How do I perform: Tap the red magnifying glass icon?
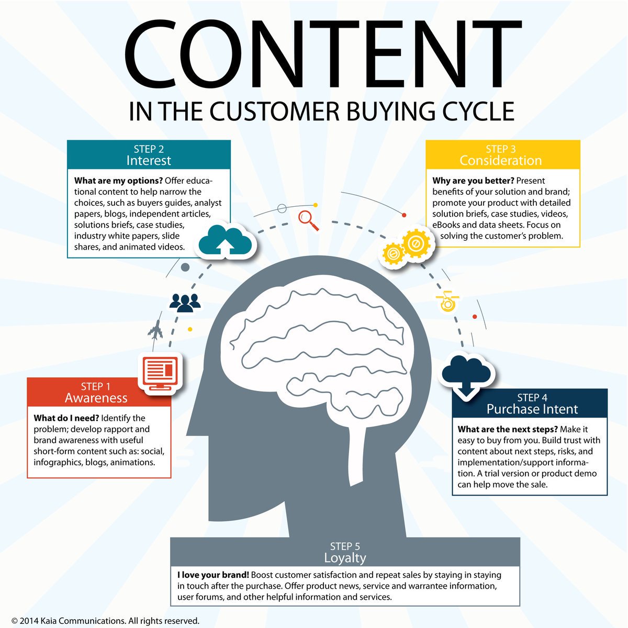pyautogui.click(x=308, y=220)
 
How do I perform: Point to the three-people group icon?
pyautogui.click(x=185, y=302)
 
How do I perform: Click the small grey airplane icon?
pyautogui.click(x=155, y=330)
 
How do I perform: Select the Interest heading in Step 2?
pyautogui.click(x=149, y=161)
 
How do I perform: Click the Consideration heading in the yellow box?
pyautogui.click(x=501, y=161)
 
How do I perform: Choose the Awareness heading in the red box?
pyautogui.click(x=96, y=398)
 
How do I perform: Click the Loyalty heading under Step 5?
pyautogui.click(x=345, y=558)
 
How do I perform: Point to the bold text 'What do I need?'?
pyautogui.click(x=66, y=418)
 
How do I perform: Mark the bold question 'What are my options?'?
pyautogui.click(x=118, y=181)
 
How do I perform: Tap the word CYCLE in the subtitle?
pyautogui.click(x=476, y=111)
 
